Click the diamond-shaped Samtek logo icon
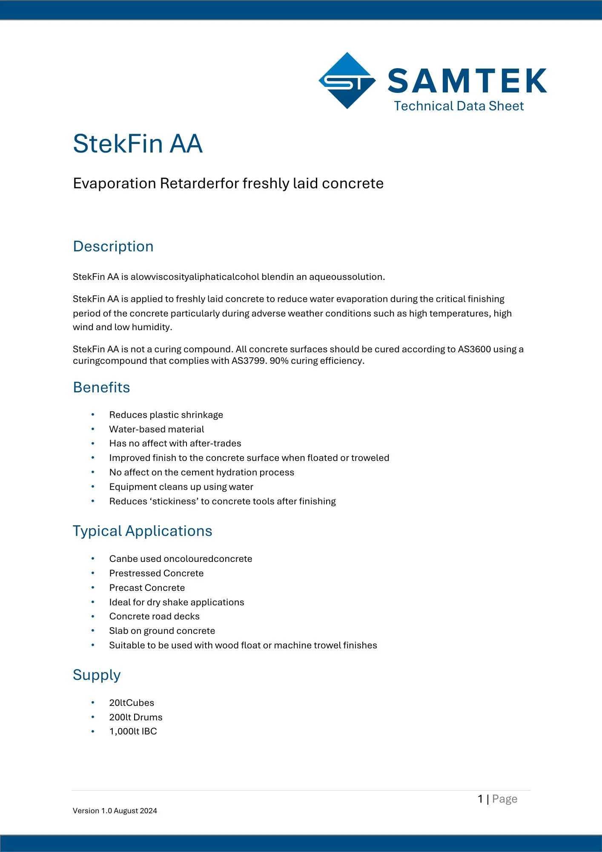click(347, 81)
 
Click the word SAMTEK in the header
click(467, 81)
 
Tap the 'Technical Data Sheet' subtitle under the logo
click(459, 106)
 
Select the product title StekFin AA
click(138, 144)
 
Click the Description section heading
click(113, 247)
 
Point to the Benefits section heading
click(101, 388)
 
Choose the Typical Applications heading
click(142, 531)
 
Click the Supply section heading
click(97, 675)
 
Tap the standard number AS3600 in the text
click(474, 349)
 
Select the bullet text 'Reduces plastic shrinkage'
click(166, 415)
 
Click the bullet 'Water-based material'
click(157, 429)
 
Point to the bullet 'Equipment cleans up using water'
click(181, 487)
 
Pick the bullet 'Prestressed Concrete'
click(156, 573)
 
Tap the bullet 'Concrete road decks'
click(154, 616)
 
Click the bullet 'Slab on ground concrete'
click(162, 631)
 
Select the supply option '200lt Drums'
click(136, 717)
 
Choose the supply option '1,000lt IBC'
click(133, 731)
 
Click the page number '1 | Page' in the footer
click(497, 799)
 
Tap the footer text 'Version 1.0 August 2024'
click(115, 811)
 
